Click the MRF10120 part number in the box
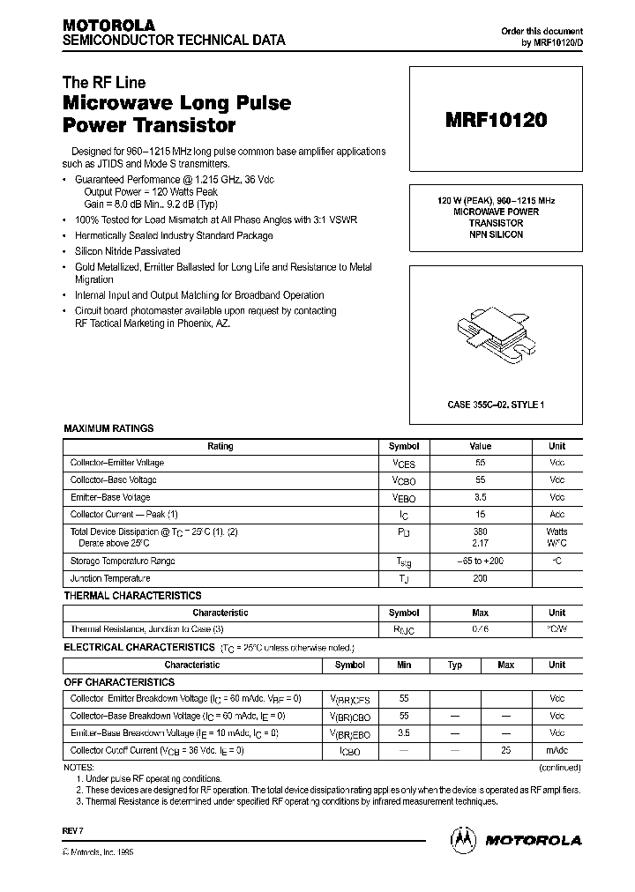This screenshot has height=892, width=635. pyautogui.click(x=496, y=122)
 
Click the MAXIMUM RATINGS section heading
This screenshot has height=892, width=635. pyautogui.click(x=108, y=428)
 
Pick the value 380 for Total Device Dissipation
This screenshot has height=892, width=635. pyautogui.click(x=481, y=531)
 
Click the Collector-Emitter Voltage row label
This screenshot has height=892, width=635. pyautogui.click(x=117, y=463)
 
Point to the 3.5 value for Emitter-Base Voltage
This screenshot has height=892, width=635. pyautogui.click(x=481, y=497)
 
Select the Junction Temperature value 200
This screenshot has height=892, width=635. pyautogui.click(x=481, y=579)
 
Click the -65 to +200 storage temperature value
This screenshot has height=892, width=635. pyautogui.click(x=481, y=561)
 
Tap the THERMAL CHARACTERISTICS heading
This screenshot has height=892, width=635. pyautogui.click(x=132, y=596)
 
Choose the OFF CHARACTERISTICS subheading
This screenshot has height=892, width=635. pyautogui.click(x=119, y=681)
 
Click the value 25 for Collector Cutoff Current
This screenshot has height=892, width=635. pyautogui.click(x=505, y=750)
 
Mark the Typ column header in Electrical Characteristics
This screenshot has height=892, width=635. pyautogui.click(x=455, y=665)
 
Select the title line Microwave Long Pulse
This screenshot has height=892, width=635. pyautogui.click(x=176, y=103)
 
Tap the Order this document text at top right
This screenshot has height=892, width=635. pyautogui.click(x=542, y=31)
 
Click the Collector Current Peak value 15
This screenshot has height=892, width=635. pyautogui.click(x=481, y=515)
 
